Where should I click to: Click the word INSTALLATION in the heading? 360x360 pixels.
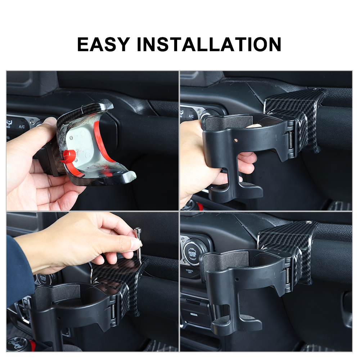coord(209,44)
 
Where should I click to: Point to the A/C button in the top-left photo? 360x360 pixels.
coord(22,127)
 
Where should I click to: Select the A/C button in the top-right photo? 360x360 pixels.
coord(191,116)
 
